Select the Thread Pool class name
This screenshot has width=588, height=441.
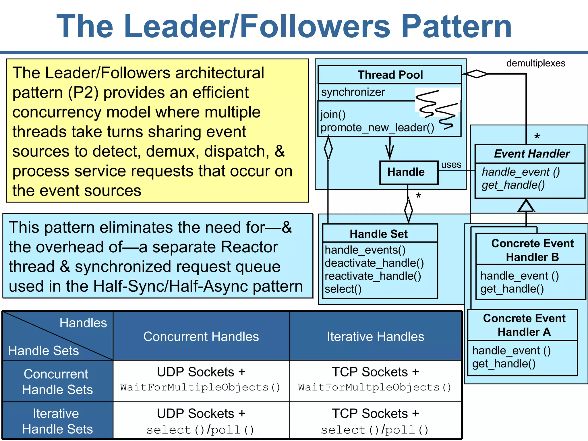[x=390, y=75]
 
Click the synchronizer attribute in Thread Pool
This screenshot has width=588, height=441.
[x=353, y=92]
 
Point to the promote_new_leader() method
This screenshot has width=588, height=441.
[x=377, y=127]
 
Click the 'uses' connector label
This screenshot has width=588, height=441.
[x=451, y=165]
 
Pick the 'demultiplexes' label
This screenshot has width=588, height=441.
[x=535, y=63]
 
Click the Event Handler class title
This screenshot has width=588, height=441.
[x=532, y=154]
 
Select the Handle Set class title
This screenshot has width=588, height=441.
[x=378, y=234]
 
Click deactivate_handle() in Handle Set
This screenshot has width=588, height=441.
[x=374, y=263]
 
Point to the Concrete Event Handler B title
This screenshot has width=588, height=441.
[x=532, y=250]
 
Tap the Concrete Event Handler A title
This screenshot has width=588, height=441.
[x=524, y=325]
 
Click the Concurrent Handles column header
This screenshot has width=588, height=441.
[x=201, y=336]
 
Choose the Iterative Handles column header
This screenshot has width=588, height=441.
[x=375, y=336]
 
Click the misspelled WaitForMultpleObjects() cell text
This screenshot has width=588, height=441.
[x=374, y=387]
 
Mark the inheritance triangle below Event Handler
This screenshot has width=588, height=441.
[x=526, y=206]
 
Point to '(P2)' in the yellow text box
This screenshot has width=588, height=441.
[x=83, y=93]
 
